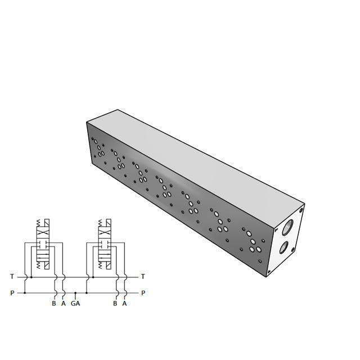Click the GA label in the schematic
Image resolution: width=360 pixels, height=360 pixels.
[75, 304]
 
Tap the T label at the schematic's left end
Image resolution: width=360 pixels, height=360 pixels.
[12, 276]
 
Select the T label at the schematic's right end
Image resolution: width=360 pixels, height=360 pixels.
[143, 276]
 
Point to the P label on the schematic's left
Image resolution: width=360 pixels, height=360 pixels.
[12, 293]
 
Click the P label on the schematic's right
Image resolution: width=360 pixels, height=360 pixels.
[143, 293]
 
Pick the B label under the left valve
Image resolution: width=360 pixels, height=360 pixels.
[54, 304]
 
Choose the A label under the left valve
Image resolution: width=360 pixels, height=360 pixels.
[64, 304]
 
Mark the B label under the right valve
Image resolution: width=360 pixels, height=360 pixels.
[115, 304]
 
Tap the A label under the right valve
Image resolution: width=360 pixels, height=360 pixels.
[124, 304]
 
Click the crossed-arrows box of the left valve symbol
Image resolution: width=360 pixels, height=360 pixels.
[43, 233]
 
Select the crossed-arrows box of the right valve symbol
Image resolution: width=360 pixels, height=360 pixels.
[104, 233]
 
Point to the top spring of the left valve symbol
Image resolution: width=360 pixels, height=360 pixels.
[39, 223]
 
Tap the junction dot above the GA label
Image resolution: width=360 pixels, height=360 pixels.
[75, 293]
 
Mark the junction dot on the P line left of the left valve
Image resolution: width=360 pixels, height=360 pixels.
[25, 293]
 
